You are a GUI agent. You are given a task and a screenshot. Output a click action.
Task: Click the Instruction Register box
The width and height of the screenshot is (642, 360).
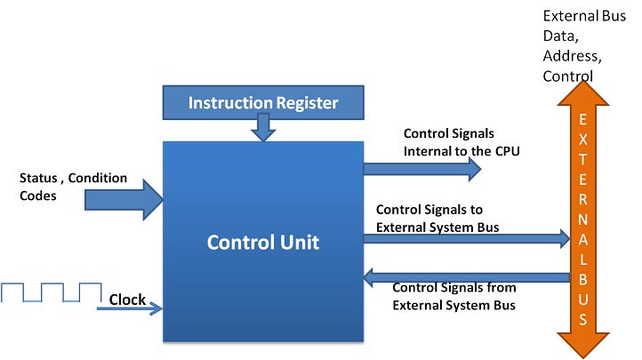262,103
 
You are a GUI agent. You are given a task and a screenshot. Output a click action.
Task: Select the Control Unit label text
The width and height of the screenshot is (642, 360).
263,242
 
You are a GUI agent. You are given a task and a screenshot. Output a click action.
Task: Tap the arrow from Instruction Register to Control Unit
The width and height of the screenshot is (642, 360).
263,130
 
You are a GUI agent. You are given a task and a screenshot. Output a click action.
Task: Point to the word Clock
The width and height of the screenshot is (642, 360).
127,300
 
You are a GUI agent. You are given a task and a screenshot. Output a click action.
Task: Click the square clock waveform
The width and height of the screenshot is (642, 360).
52,292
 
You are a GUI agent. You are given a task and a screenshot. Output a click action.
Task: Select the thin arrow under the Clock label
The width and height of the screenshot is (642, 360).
130,309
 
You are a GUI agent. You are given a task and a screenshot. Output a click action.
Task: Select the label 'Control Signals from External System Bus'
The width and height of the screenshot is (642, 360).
453,295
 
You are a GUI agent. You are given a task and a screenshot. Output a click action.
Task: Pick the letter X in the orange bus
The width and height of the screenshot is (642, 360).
583,140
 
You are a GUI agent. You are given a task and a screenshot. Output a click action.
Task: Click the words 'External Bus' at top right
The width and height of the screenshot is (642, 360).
582,16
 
